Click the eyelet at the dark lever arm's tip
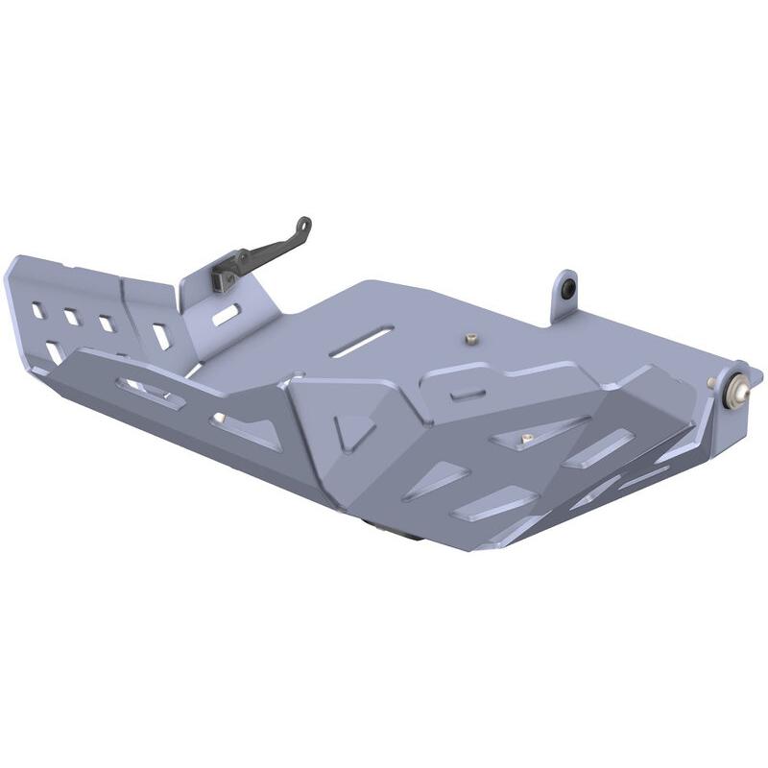(304, 226)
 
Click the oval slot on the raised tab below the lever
(227, 314)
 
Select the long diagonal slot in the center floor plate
(361, 341)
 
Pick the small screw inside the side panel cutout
(525, 440)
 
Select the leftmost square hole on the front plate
(37, 310)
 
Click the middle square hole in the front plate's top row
(72, 316)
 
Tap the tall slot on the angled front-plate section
(160, 335)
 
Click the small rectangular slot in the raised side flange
(467, 393)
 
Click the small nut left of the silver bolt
(712, 384)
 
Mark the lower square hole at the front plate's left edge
(55, 352)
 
